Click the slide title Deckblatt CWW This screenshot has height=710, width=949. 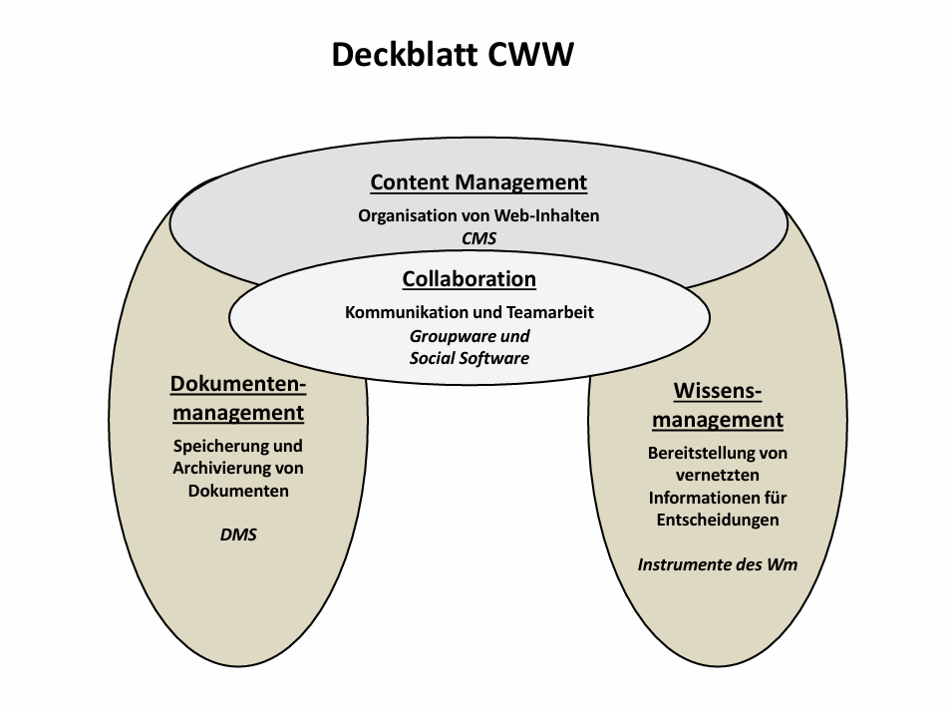[453, 55]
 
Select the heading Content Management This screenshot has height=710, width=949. [478, 182]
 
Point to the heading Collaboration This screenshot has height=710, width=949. [470, 279]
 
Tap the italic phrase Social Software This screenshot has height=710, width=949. [470, 358]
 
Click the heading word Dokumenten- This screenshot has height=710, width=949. [238, 385]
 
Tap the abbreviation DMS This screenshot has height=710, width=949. [238, 534]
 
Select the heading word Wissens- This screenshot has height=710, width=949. [718, 390]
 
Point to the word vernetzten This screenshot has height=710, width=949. [718, 475]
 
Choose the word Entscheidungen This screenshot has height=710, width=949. [718, 520]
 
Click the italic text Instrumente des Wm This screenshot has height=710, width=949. [718, 564]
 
